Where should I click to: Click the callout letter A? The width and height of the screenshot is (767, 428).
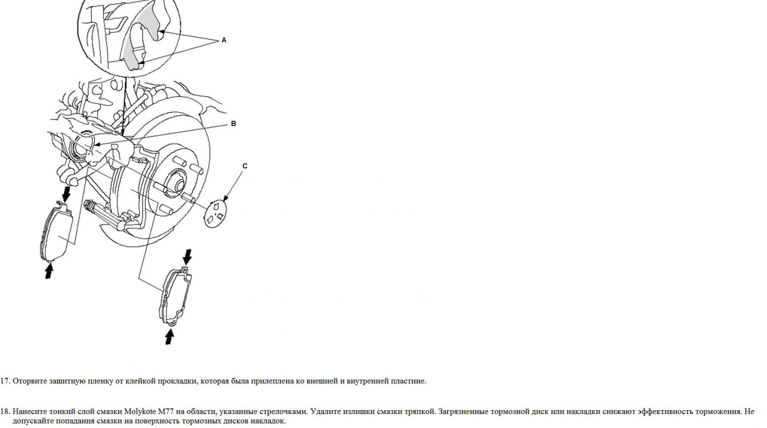point(224,40)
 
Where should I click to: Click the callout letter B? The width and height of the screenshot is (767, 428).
point(233,123)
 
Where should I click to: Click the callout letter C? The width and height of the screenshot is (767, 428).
point(245,166)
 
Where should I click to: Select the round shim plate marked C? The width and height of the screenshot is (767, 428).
point(215,214)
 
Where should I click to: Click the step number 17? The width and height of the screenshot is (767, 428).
point(5,381)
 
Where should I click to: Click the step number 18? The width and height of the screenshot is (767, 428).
point(5,412)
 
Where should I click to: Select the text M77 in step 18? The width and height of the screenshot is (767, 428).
point(166,412)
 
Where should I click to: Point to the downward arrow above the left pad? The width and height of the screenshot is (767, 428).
point(66,194)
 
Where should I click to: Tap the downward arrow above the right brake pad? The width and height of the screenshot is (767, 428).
point(187,257)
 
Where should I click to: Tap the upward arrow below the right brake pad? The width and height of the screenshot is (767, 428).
point(169,336)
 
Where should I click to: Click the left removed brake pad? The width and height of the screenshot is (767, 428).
point(57,233)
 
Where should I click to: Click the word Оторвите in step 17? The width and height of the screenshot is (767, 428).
point(30,381)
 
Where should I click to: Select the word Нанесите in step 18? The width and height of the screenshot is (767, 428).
point(30,412)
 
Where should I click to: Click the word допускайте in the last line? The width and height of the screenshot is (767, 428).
point(33,421)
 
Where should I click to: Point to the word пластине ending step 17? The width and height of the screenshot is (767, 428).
point(408,381)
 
